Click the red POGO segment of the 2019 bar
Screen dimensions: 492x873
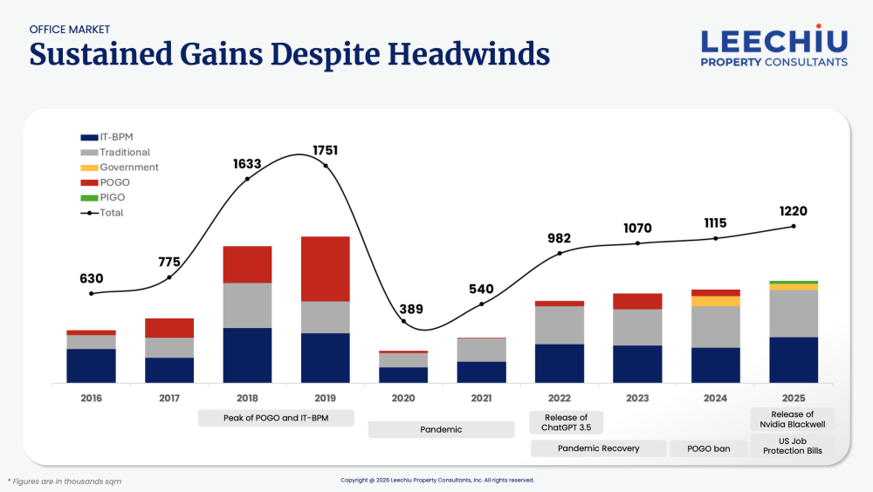click(x=325, y=269)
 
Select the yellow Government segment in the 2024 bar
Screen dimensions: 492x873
click(x=715, y=301)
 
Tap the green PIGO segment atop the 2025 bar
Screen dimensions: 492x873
click(x=794, y=282)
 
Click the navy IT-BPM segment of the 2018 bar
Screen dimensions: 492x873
click(x=247, y=355)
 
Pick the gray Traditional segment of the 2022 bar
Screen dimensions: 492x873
click(x=559, y=325)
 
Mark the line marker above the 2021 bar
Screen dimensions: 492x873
click(x=482, y=304)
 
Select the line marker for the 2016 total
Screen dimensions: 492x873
click(x=92, y=293)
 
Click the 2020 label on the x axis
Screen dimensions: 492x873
click(x=403, y=398)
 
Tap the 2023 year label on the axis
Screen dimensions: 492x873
click(x=637, y=398)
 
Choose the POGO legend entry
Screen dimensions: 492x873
click(x=113, y=182)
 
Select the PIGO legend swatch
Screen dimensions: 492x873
click(x=89, y=197)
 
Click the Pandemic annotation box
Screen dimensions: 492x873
click(x=440, y=429)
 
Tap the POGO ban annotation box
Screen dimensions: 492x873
click(x=710, y=448)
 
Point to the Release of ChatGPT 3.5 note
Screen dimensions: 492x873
click(x=566, y=422)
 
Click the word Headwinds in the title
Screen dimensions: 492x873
click(x=469, y=55)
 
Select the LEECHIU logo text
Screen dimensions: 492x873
click(x=774, y=41)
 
